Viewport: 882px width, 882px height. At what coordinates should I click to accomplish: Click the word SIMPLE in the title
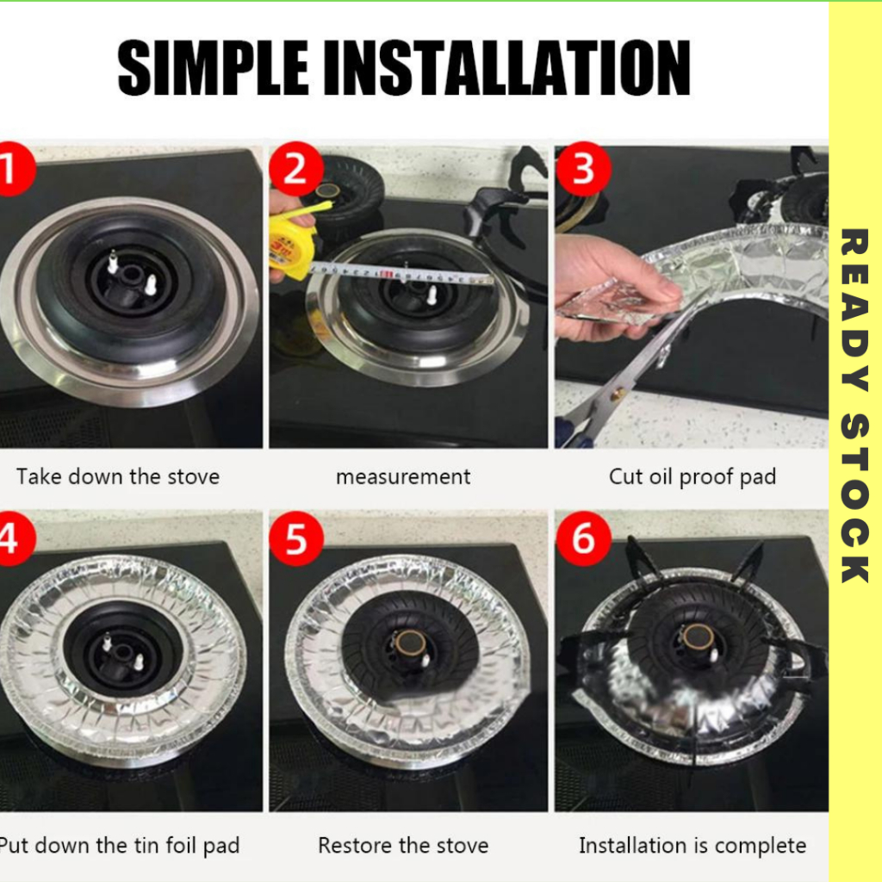click(x=214, y=68)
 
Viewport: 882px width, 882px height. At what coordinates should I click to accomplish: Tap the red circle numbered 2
click(x=296, y=169)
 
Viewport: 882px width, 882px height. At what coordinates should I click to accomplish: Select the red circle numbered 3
click(x=583, y=169)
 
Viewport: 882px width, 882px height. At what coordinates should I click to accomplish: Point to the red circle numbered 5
click(x=296, y=538)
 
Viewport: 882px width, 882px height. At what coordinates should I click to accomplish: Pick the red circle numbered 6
click(x=583, y=538)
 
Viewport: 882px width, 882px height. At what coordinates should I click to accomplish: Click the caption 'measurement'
click(x=403, y=477)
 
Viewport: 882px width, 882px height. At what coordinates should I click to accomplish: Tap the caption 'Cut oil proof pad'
click(x=693, y=477)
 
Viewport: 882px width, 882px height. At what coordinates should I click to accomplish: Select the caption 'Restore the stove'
click(x=403, y=846)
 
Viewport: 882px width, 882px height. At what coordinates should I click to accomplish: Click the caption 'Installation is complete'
click(x=693, y=846)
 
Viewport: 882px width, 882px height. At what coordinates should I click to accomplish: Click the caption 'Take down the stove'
click(x=117, y=477)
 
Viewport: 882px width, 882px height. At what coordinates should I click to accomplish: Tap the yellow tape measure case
click(x=289, y=247)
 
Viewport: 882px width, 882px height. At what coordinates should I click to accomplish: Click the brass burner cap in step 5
click(x=409, y=642)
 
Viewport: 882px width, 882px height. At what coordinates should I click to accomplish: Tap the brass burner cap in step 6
click(x=699, y=638)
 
